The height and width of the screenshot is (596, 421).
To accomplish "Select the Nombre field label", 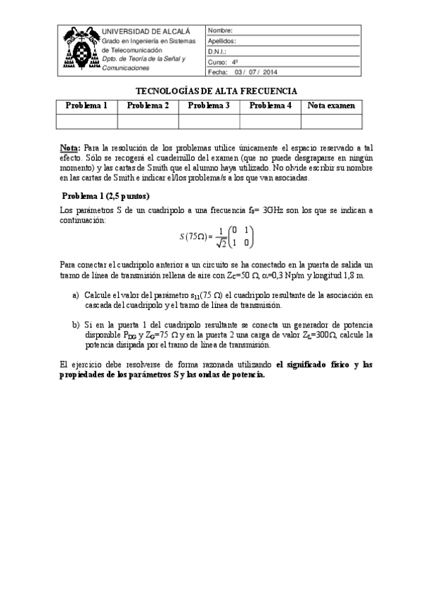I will coord(220,32).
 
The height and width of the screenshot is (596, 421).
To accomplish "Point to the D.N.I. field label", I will coord(217,52).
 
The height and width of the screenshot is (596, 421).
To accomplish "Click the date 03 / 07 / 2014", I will coord(257,72).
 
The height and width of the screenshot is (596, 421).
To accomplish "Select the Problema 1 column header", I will coord(86,106).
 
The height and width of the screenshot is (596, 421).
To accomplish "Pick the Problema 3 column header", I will coord(209,106).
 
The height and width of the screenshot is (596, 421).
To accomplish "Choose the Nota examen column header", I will coord(331,106).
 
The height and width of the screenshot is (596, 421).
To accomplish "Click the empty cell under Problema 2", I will coord(148,121).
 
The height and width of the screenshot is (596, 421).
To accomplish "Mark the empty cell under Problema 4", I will coord(270,121).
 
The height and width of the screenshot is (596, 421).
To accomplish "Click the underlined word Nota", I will coord(70,149).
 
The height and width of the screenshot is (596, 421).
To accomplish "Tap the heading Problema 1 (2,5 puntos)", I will coord(106,195).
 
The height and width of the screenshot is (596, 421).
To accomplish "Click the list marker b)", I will coord(76,325).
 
